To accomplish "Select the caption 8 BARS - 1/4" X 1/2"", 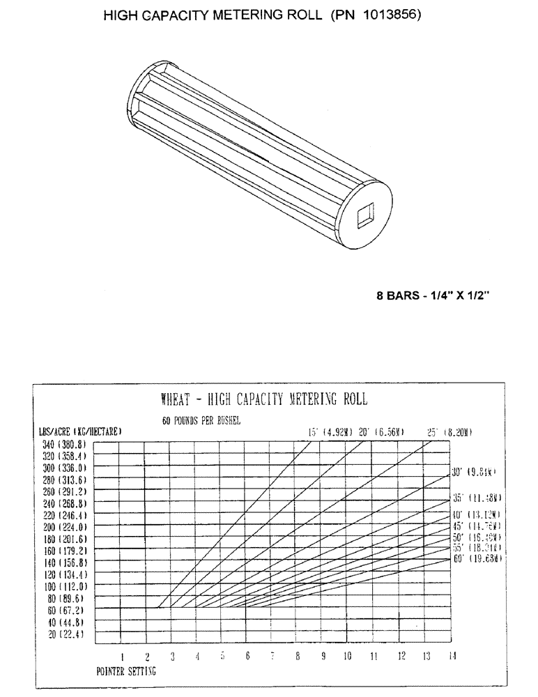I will point(434,295).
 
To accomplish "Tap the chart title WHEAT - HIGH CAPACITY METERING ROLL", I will point(263,399).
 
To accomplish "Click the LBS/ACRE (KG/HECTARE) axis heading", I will point(81,432).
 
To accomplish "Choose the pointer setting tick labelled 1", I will point(122,656).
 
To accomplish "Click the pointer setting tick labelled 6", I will point(247,656).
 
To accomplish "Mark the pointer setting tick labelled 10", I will point(348,656).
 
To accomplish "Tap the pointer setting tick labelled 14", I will point(452,656).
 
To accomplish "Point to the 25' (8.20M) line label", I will point(449,432).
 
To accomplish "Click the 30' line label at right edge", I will point(474,472).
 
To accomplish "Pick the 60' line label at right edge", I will point(477,559).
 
